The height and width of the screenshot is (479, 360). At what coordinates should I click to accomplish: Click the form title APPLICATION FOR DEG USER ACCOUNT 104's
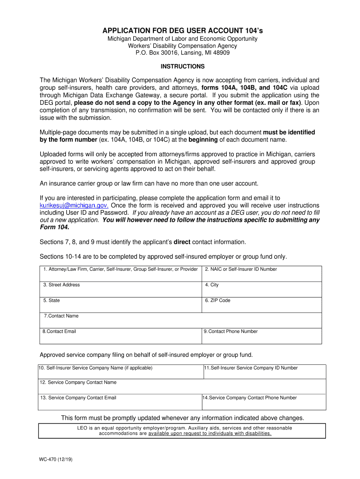click(180, 30)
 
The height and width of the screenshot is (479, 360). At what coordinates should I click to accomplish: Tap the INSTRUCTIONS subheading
click(180, 66)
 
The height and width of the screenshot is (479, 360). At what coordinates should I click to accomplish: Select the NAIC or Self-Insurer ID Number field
click(261, 276)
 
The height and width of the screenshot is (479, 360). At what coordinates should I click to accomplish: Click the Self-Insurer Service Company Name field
click(120, 373)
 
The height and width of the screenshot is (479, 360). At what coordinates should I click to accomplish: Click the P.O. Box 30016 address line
click(180, 53)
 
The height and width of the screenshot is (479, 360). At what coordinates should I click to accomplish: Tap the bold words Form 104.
click(54, 227)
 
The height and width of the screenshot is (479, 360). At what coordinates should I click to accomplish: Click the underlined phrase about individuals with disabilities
click(210, 433)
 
